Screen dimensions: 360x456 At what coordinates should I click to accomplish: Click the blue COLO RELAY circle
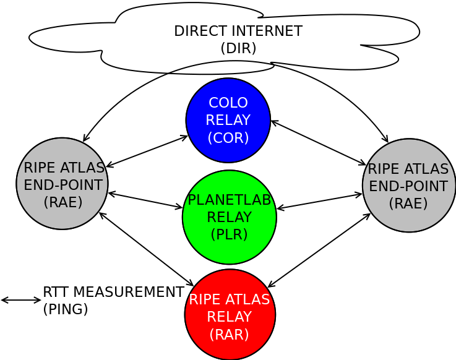pos(228,120)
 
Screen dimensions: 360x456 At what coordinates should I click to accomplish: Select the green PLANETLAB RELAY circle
pos(230,216)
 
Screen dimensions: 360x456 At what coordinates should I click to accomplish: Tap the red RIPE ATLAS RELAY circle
pos(230,314)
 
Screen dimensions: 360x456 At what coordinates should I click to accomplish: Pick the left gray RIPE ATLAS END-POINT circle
pos(62,184)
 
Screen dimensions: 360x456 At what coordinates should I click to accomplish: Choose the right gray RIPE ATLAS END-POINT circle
pos(409,185)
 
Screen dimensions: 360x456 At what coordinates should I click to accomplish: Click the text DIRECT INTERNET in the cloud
pos(238,31)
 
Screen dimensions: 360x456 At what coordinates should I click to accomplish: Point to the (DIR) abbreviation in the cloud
pos(238,48)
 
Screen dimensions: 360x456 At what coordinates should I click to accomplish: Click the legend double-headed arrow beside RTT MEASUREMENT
pos(21,300)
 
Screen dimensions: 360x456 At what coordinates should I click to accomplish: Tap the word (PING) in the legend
pos(65,308)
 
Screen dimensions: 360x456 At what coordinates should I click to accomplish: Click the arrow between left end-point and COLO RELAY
pos(147,151)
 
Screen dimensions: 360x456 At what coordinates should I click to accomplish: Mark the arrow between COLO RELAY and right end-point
pos(318,143)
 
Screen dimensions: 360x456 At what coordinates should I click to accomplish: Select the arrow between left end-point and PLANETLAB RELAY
pos(145,200)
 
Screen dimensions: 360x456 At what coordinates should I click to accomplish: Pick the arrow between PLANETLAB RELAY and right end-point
pos(319,201)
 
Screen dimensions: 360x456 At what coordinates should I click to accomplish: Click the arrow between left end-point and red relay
pos(146,249)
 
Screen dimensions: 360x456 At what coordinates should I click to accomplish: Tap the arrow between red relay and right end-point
pos(319,251)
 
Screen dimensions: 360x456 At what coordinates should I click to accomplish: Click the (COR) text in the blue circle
pos(228,137)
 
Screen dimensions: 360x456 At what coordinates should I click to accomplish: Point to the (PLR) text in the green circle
pos(230,234)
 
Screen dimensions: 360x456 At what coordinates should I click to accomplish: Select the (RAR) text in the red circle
pos(230,334)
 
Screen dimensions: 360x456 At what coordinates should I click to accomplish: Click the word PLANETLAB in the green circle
pos(230,199)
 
